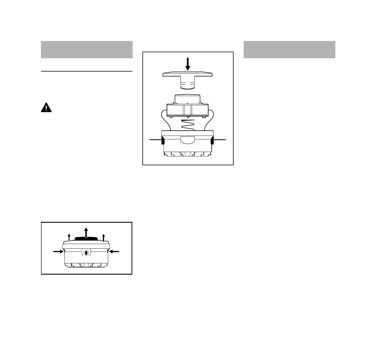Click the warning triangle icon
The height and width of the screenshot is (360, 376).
point(46,108)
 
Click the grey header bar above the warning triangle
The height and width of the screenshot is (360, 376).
point(87,50)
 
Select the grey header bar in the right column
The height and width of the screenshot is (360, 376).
point(289,50)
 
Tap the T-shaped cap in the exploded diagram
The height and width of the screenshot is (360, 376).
point(188,76)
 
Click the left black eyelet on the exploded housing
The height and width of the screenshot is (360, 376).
point(163,140)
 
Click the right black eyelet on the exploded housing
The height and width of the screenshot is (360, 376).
point(212,140)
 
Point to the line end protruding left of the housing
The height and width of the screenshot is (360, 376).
point(155,140)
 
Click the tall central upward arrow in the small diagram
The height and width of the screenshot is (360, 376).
point(86,232)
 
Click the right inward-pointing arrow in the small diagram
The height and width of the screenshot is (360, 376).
point(114,252)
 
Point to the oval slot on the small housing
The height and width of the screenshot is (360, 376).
point(86,253)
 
